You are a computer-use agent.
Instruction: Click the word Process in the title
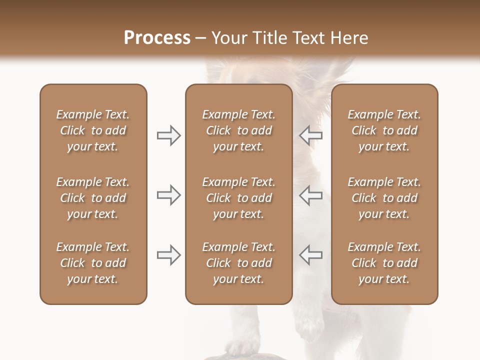click(x=157, y=38)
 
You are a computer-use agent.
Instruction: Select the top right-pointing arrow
click(x=169, y=135)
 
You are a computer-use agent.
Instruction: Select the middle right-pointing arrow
click(x=169, y=195)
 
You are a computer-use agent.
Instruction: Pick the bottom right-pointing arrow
click(x=169, y=254)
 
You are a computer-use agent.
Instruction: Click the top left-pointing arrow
click(x=310, y=135)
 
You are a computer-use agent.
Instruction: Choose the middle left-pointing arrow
click(x=310, y=195)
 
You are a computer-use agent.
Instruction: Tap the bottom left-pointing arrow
click(x=310, y=254)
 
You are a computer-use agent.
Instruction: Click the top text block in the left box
click(x=93, y=130)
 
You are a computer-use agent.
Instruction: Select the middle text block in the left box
click(x=93, y=198)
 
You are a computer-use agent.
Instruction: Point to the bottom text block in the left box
click(x=93, y=263)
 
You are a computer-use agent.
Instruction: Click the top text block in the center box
click(x=238, y=130)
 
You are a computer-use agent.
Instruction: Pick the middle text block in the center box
click(x=238, y=198)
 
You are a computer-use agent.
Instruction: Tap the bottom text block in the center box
click(x=238, y=263)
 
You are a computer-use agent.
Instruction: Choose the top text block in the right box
click(x=384, y=130)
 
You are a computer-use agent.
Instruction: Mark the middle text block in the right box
click(x=384, y=198)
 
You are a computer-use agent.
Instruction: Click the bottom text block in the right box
click(x=384, y=263)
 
